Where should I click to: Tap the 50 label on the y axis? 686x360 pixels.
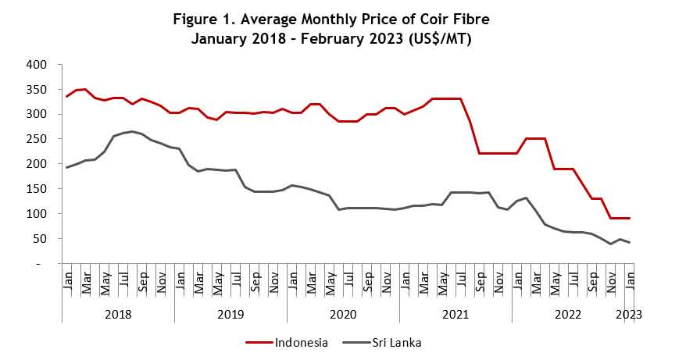click(x=41, y=238)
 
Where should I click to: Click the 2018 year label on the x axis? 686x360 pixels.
click(x=118, y=315)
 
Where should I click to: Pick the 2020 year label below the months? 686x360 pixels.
click(x=343, y=315)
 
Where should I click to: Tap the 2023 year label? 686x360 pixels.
click(x=629, y=315)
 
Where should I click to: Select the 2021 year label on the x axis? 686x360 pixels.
click(x=456, y=315)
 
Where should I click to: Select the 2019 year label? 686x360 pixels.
click(x=230, y=315)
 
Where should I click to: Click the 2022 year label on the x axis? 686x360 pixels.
click(x=568, y=315)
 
